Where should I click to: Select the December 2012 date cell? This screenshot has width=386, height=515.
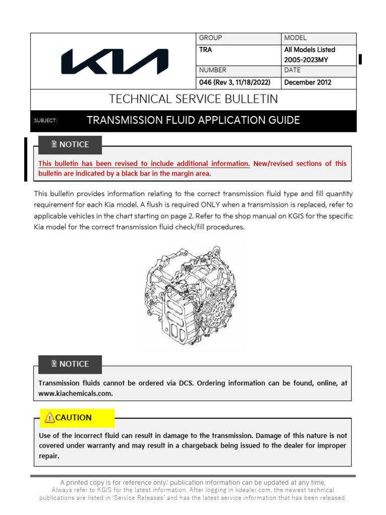point(308,82)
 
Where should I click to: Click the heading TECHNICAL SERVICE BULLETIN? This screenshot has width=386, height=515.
point(193,99)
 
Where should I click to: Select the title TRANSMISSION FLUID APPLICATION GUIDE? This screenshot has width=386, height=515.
point(193,120)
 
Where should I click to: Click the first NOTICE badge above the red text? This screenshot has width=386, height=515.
point(70,145)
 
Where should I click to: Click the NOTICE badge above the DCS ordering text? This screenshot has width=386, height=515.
point(70,364)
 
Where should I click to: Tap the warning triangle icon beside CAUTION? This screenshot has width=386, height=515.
point(49,417)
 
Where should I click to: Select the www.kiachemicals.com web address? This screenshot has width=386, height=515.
point(75,394)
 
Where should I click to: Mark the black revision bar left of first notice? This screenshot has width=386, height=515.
point(26,159)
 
